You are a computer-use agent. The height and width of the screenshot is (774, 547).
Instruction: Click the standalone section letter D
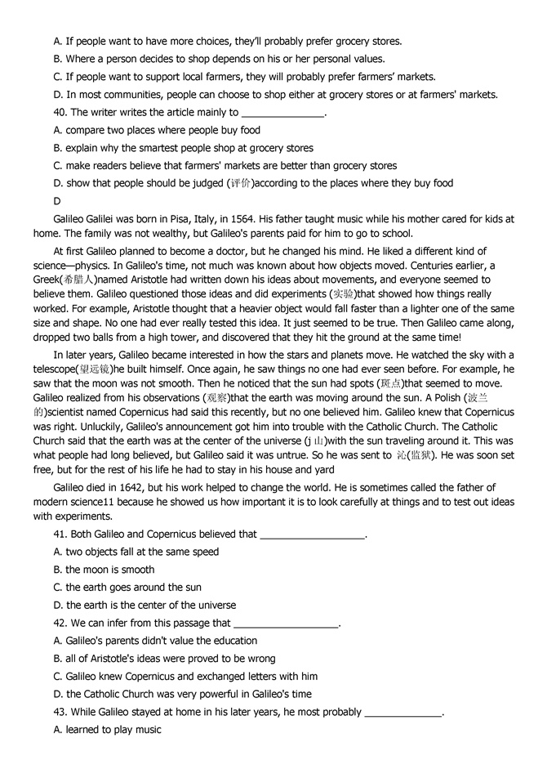coord(57,201)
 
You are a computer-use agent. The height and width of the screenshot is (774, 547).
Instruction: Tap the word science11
coord(96,502)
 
